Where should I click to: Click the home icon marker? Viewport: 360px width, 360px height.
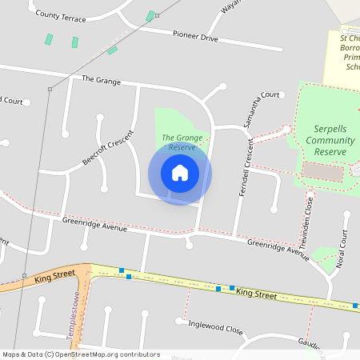(x=180, y=173)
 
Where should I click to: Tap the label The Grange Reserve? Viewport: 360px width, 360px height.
(x=179, y=142)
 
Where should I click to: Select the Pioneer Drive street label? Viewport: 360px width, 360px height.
(x=196, y=36)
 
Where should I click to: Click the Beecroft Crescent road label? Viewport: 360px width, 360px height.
(x=106, y=147)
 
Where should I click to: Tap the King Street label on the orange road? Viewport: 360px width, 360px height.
(x=54, y=277)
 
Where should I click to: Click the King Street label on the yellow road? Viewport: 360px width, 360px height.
(x=257, y=294)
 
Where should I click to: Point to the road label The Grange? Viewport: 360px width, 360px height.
(x=101, y=80)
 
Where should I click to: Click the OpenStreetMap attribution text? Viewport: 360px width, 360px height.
(x=80, y=354)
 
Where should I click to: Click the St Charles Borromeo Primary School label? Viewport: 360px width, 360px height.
(x=350, y=53)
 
